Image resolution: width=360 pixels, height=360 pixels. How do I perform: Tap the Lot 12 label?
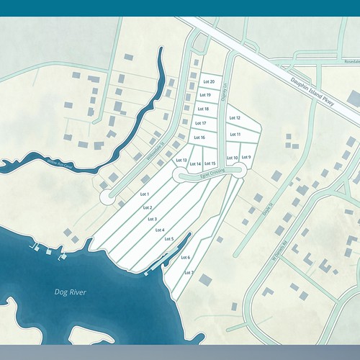point(234,117)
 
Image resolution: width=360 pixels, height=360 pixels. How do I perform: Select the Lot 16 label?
point(199,138)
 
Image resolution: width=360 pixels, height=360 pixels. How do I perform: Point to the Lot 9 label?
point(246,157)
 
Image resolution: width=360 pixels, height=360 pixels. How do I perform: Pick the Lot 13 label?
point(181,161)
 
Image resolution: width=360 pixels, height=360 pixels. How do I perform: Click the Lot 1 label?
point(144,194)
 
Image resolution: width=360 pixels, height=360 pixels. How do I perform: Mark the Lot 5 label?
point(168,239)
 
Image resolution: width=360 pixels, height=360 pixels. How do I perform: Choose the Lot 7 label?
point(189,273)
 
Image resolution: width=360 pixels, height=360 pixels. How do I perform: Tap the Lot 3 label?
point(151,219)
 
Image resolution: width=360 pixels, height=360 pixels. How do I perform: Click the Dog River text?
point(70,292)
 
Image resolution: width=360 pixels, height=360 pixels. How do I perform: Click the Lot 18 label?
point(203,109)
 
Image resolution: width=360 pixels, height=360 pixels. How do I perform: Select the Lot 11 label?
point(234,135)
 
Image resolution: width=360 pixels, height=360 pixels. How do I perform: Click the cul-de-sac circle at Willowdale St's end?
point(107,196)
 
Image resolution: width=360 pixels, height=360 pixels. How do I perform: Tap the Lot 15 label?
point(210,164)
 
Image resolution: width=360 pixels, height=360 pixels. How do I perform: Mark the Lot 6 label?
point(185,257)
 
